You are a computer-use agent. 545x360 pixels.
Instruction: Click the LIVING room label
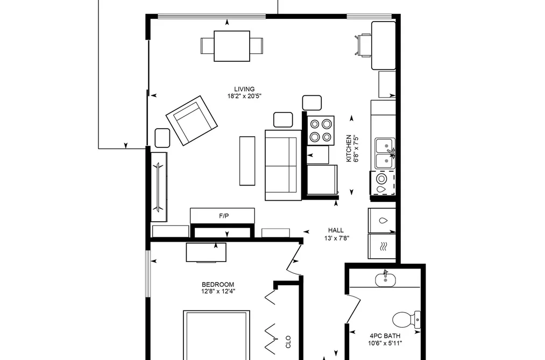(244, 89)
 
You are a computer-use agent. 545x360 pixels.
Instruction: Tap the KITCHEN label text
(349, 149)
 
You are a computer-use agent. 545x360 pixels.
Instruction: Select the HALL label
(336, 230)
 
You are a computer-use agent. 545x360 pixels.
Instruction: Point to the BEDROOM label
(218, 284)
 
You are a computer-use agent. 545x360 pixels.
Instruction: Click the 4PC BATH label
(385, 336)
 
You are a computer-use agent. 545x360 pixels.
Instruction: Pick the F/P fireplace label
(224, 216)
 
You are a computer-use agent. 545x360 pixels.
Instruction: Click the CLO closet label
(288, 342)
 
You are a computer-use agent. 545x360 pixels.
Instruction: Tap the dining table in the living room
(232, 46)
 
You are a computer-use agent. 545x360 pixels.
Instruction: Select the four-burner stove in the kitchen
(321, 131)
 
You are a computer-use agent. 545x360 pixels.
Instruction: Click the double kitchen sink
(385, 153)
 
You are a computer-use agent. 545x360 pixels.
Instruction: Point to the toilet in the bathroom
(406, 320)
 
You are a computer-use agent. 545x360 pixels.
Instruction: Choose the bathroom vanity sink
(385, 280)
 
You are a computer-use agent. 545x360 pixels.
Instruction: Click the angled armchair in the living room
(192, 121)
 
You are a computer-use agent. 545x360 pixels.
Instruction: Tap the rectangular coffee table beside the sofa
(247, 160)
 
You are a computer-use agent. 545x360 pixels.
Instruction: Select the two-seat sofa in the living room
(284, 165)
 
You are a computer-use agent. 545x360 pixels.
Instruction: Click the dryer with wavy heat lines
(382, 246)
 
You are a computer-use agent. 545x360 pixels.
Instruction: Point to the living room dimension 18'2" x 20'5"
(244, 96)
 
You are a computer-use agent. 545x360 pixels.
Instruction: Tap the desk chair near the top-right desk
(363, 45)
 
